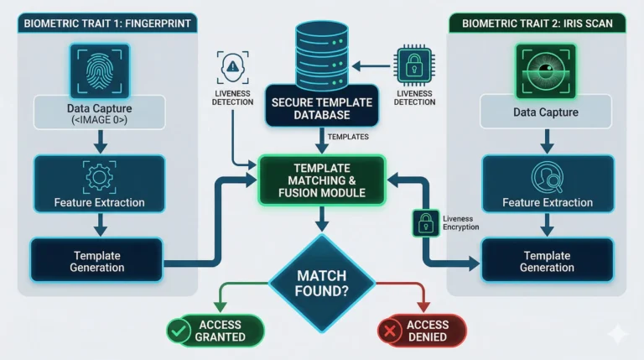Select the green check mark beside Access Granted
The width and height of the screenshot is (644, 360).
tap(178, 331)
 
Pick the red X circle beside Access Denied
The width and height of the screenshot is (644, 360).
tap(388, 331)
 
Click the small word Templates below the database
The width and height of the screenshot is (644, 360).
tap(347, 136)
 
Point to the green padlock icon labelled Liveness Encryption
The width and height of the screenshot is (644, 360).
tap(425, 222)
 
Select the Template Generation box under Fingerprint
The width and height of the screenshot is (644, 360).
tap(97, 261)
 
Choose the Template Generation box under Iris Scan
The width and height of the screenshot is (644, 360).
tap(546, 261)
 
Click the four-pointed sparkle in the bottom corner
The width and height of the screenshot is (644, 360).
tap(617, 334)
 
